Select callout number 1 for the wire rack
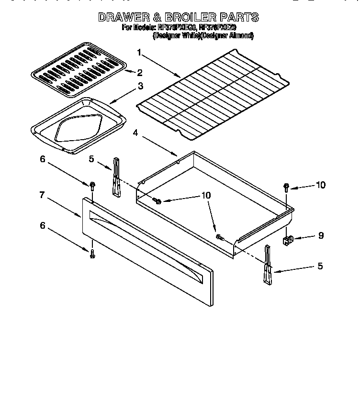tap(139, 52)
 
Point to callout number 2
tap(140, 73)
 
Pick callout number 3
tap(140, 87)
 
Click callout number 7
tap(42, 195)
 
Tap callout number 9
tap(321, 235)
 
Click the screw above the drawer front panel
tap(91, 185)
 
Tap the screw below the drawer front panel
tap(92, 253)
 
